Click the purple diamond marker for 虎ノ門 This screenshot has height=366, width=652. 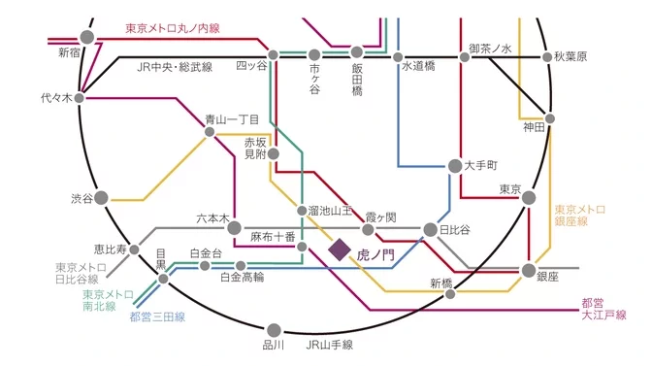(x=340, y=250)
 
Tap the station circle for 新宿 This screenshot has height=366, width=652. (x=87, y=38)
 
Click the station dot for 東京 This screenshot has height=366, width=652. (x=530, y=198)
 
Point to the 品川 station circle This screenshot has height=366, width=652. (x=274, y=330)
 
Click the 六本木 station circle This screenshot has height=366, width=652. (x=234, y=228)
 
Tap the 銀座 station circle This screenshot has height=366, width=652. (x=529, y=269)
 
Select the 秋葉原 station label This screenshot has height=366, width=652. (x=571, y=57)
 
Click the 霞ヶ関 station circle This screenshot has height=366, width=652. (x=369, y=230)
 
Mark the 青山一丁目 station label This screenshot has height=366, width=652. (x=232, y=119)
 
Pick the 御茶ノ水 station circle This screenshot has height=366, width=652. (x=465, y=57)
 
